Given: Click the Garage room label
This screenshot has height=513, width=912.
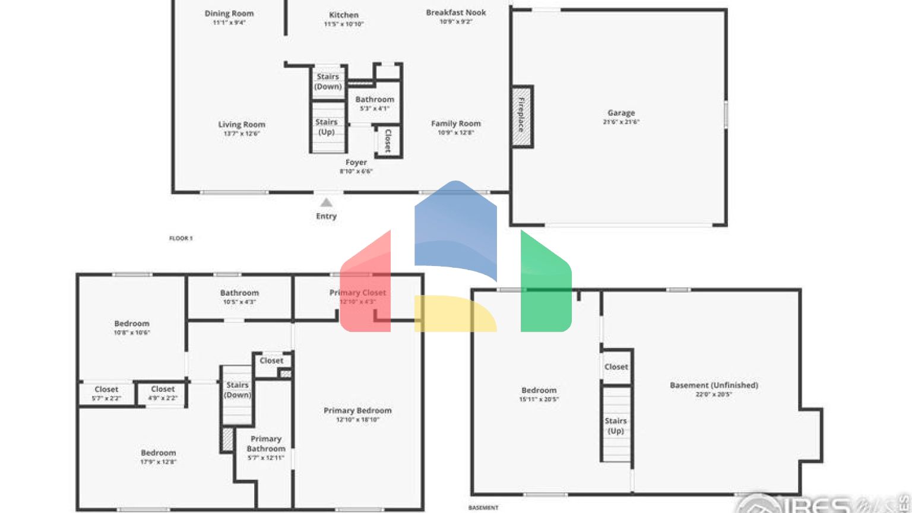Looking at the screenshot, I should [x=621, y=113].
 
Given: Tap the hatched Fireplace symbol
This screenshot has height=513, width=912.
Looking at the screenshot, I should [x=522, y=116].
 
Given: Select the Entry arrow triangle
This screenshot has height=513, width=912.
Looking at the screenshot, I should [x=326, y=203].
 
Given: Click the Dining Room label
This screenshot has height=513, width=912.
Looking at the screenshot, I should [x=229, y=14].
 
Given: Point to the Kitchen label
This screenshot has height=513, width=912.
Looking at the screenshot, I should [x=344, y=15].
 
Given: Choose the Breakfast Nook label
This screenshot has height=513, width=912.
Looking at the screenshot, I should [x=455, y=12].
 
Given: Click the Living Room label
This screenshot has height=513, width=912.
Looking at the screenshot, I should [x=242, y=125].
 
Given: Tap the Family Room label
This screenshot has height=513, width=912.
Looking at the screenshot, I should [x=455, y=123].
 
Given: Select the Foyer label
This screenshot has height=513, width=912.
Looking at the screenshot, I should [x=356, y=162].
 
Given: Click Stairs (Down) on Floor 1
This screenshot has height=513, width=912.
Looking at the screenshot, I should [x=328, y=81].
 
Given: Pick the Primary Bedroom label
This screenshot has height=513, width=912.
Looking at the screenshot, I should [x=357, y=410].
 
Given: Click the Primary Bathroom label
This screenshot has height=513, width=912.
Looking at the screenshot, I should [x=266, y=444].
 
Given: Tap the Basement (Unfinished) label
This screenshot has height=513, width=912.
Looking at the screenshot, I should [x=714, y=385].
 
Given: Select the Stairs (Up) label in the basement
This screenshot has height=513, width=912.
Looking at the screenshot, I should [x=616, y=426].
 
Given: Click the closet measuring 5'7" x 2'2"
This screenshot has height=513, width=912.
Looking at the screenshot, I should [x=106, y=393].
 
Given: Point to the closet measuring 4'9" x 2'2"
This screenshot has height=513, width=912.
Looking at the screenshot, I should [x=163, y=393].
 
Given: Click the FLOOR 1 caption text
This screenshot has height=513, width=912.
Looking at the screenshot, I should [x=180, y=238].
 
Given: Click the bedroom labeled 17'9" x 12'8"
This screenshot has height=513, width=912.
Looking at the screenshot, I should [x=159, y=456].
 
